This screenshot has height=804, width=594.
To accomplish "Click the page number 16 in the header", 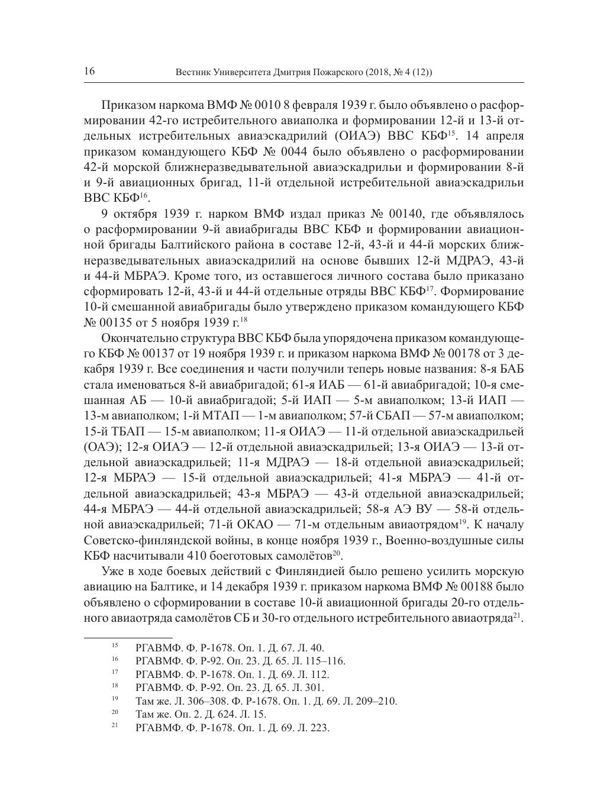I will coord(89,72).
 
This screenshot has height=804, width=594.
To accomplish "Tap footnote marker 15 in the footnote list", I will coord(115,646).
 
